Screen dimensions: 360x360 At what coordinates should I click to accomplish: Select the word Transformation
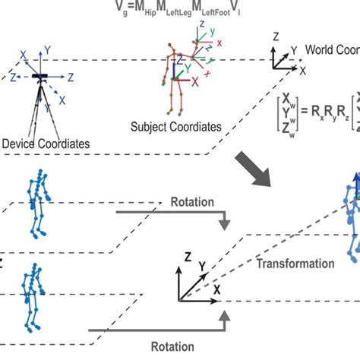click(295, 264)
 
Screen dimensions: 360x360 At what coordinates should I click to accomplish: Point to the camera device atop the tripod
click(37, 76)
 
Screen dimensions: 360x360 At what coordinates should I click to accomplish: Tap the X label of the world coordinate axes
click(302, 70)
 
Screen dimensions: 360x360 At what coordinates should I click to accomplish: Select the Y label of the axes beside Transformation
click(202, 266)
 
